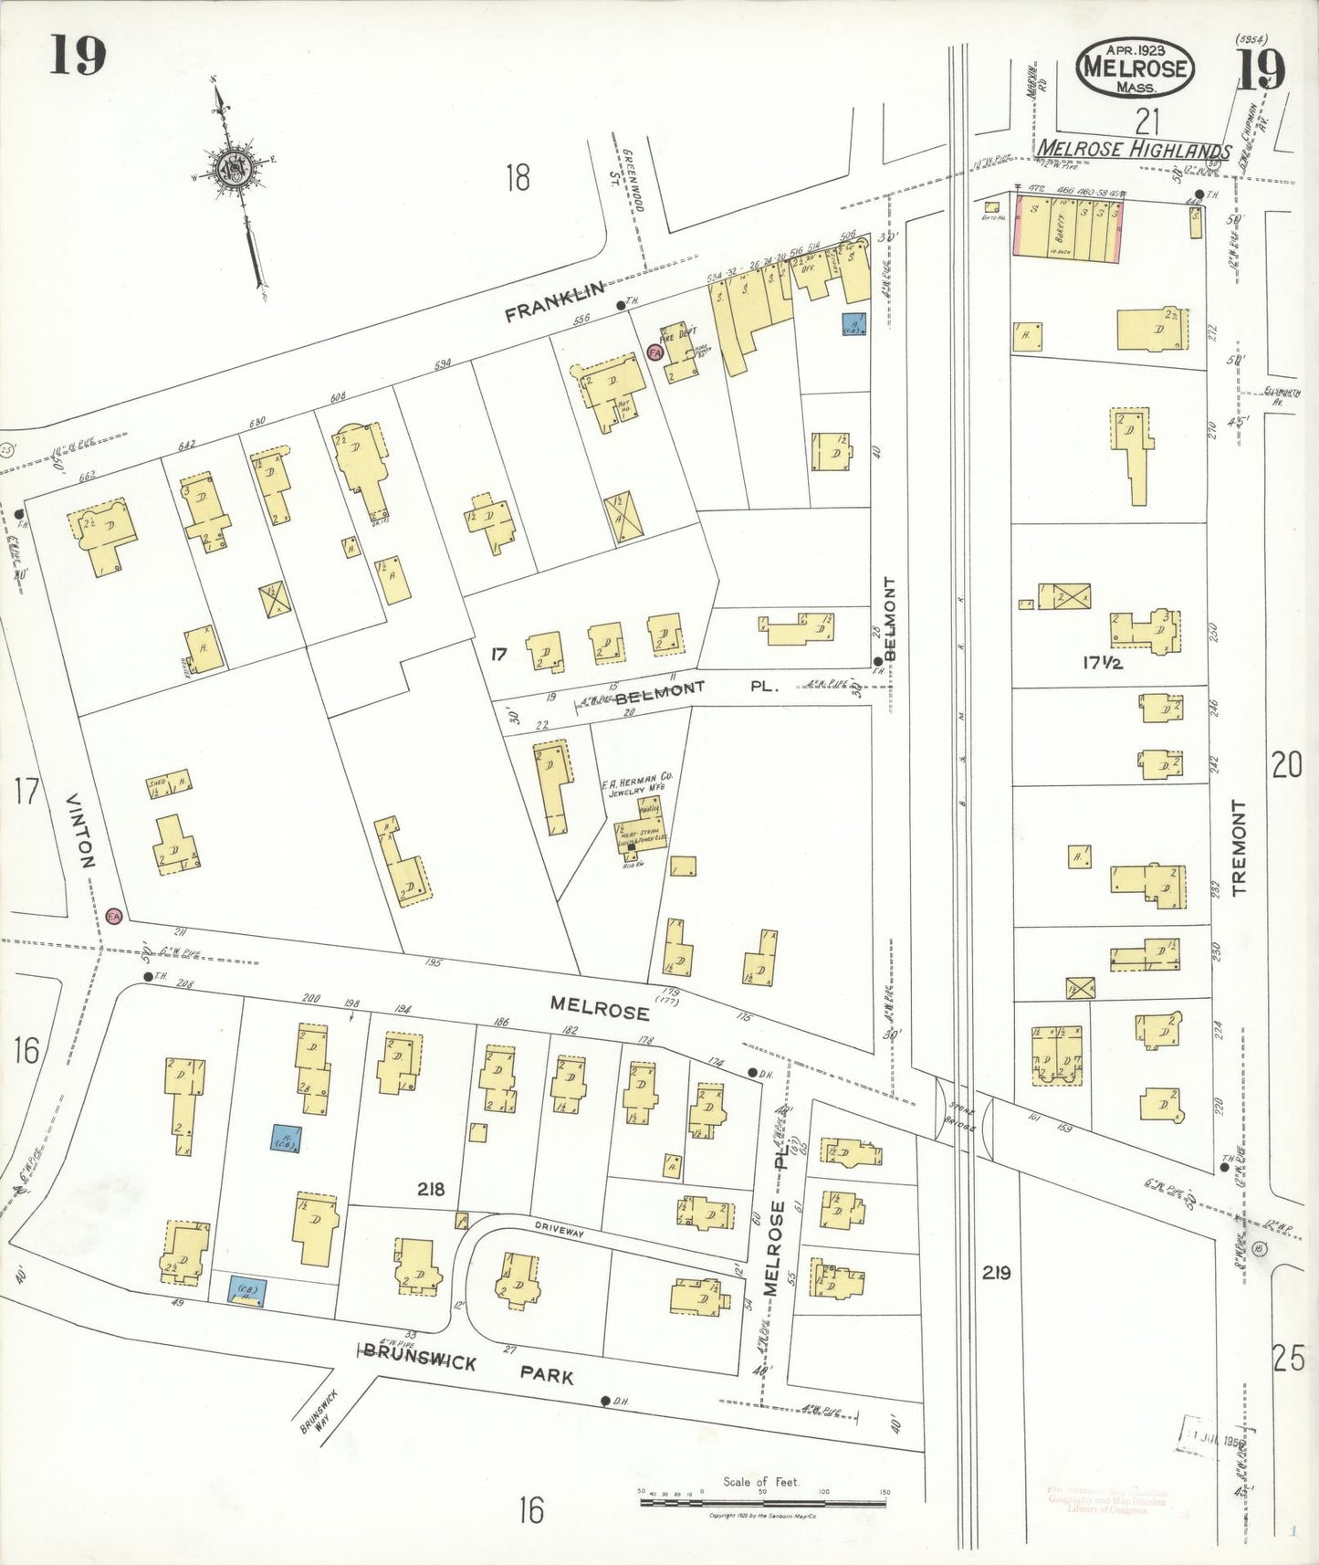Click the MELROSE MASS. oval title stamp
pos(1135,68)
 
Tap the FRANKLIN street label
pos(554,301)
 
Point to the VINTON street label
pos(80,830)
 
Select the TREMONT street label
pos(1238,847)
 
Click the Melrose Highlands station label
pos(1134,150)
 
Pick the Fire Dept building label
pos(678,333)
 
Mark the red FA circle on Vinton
pos(114,916)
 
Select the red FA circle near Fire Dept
pos(654,352)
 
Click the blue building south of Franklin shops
pos(854,324)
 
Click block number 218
pos(431,1189)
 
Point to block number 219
pos(996,1272)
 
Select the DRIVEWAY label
pos(559,1232)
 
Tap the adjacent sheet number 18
pos(518,176)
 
